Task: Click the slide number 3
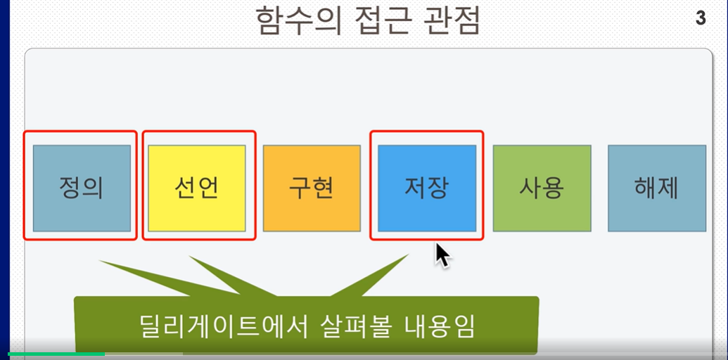pos(701,18)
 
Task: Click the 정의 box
pos(82,188)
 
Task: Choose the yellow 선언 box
pos(197,188)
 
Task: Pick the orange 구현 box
pos(312,188)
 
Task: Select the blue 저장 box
pos(427,188)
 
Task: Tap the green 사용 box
pos(542,188)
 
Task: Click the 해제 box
pos(657,188)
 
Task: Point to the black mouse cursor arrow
pos(442,255)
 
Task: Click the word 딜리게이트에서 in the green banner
pos(224,327)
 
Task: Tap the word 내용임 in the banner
pos(440,327)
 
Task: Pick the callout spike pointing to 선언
pos(232,276)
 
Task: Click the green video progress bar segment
pos(56,354)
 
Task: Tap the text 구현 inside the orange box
pos(312,188)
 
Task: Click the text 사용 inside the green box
pos(542,188)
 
